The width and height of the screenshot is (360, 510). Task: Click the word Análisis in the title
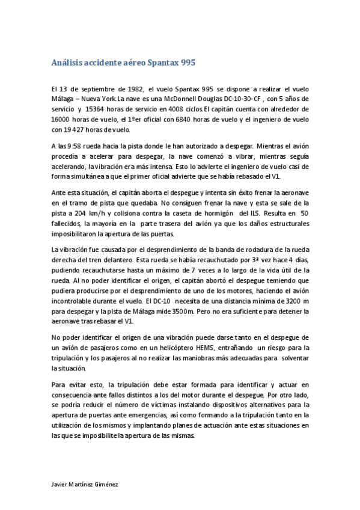pos(67,62)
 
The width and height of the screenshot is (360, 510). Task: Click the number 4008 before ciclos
pos(179,109)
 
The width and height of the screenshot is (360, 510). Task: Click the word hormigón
pos(216,213)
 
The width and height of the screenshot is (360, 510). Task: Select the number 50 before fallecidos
pos(304,213)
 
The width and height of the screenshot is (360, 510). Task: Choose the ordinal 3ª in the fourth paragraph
pos(211,260)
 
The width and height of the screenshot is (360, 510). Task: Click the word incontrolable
pos(74,301)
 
